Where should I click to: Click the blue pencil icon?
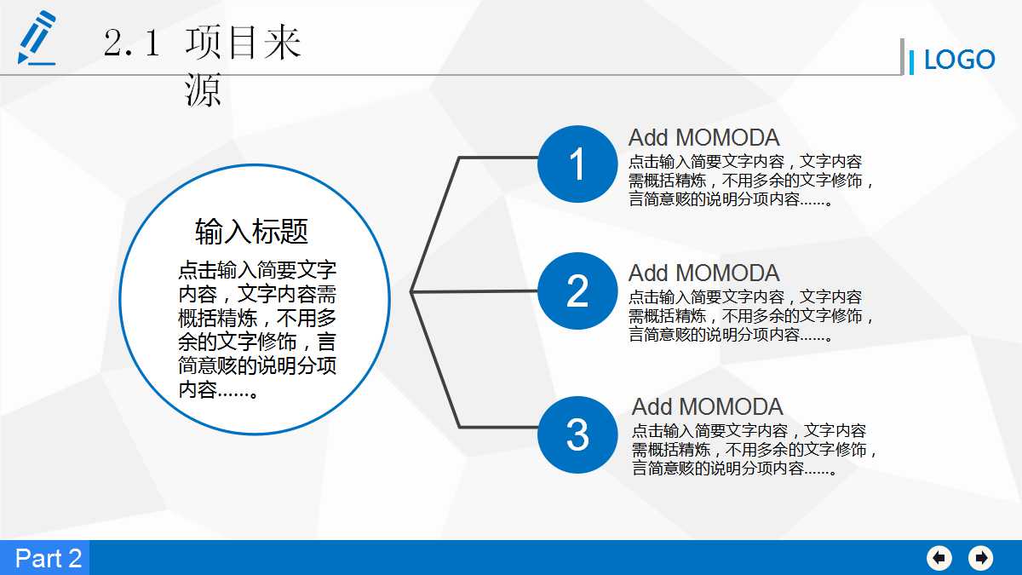(x=37, y=38)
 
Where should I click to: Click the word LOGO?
(x=959, y=60)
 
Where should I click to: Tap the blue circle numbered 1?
(x=577, y=164)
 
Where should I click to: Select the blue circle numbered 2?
(x=577, y=291)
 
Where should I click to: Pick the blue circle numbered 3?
(x=577, y=434)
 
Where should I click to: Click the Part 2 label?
(x=48, y=558)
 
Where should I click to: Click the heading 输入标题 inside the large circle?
(x=251, y=231)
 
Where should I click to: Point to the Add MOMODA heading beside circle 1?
(x=703, y=138)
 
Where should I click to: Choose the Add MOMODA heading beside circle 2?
(x=703, y=273)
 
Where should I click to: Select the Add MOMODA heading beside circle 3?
(x=707, y=407)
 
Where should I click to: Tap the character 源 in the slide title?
(x=203, y=90)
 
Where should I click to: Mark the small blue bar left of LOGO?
(x=911, y=61)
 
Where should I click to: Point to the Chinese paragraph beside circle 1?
(x=750, y=181)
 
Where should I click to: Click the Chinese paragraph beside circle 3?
(x=754, y=450)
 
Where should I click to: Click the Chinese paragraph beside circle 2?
(x=750, y=316)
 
